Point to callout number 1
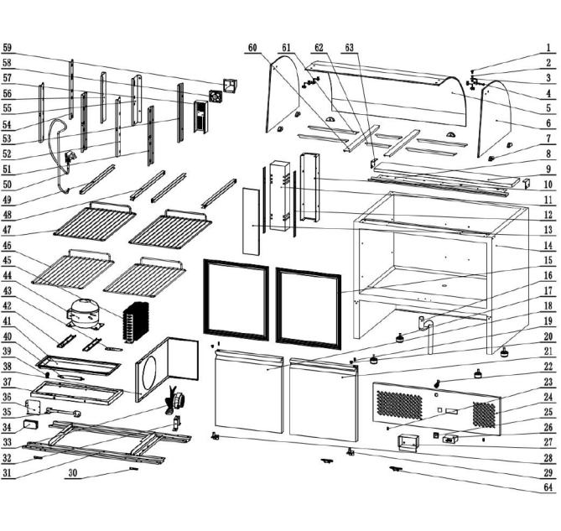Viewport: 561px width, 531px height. point(548,48)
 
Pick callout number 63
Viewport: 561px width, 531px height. point(350,47)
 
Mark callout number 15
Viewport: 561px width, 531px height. point(548,261)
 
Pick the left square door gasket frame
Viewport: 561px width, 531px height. point(237,299)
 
